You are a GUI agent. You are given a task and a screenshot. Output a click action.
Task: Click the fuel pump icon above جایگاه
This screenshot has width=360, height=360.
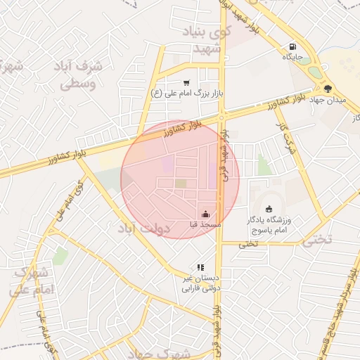click(291, 46)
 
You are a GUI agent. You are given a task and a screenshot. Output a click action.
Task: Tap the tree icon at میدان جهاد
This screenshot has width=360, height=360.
click(328, 88)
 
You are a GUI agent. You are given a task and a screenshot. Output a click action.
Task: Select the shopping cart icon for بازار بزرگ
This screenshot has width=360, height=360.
click(186, 82)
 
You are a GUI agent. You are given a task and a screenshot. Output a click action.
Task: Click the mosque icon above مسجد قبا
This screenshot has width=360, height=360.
click(205, 214)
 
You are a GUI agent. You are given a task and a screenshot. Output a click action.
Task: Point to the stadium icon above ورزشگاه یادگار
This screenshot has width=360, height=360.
click(269, 209)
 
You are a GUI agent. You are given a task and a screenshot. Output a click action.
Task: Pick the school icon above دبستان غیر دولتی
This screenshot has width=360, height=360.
click(200, 267)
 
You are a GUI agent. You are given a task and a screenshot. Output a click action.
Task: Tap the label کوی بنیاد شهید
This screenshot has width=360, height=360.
click(212, 41)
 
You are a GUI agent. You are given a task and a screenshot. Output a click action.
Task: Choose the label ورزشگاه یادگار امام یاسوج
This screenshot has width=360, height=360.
click(269, 225)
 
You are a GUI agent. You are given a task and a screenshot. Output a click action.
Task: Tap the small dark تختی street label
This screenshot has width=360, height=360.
click(247, 244)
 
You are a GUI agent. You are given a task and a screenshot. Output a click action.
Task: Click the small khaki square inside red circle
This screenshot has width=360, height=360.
click(181, 184)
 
